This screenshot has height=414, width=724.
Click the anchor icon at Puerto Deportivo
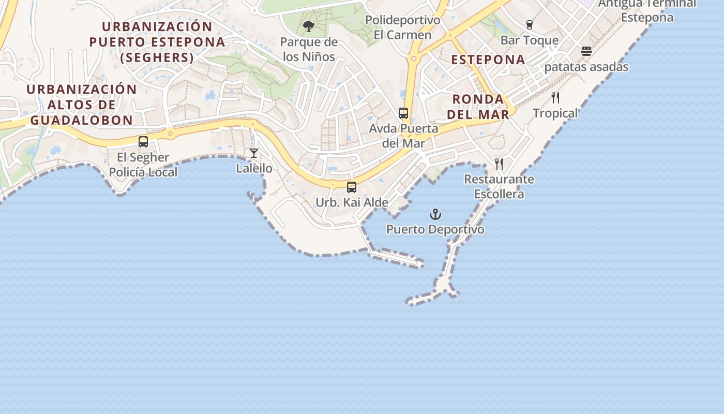pyautogui.click(x=435, y=214)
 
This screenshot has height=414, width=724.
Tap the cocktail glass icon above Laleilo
pyautogui.click(x=254, y=153)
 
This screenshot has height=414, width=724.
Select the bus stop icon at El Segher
pyautogui.click(x=143, y=142)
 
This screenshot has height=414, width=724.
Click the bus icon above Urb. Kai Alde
pyautogui.click(x=352, y=187)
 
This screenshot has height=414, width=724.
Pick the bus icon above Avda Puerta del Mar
pyautogui.click(x=403, y=113)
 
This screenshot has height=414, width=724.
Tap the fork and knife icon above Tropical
pyautogui.click(x=555, y=97)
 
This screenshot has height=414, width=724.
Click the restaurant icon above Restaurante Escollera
pyautogui.click(x=499, y=164)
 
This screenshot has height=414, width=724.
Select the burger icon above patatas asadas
pyautogui.click(x=586, y=51)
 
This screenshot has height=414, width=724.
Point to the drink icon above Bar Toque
pyautogui.click(x=529, y=24)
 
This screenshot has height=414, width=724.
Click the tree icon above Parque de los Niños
pyautogui.click(x=309, y=26)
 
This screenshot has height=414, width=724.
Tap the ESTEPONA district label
pyautogui.click(x=488, y=60)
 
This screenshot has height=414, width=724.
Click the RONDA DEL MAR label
pyautogui.click(x=478, y=107)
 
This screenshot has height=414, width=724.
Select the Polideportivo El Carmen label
pyautogui.click(x=403, y=27)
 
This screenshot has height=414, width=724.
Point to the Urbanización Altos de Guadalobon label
pyautogui.click(x=82, y=105)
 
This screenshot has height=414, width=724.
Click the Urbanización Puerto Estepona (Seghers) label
pyautogui.click(x=157, y=42)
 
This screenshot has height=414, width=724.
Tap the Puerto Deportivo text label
pyautogui.click(x=435, y=229)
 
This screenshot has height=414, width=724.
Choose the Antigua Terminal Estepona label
pyautogui.click(x=647, y=10)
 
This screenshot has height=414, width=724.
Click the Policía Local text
pyautogui.click(x=143, y=172)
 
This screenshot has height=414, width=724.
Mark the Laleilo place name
pyautogui.click(x=254, y=168)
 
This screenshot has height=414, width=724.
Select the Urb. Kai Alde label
pyautogui.click(x=352, y=202)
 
